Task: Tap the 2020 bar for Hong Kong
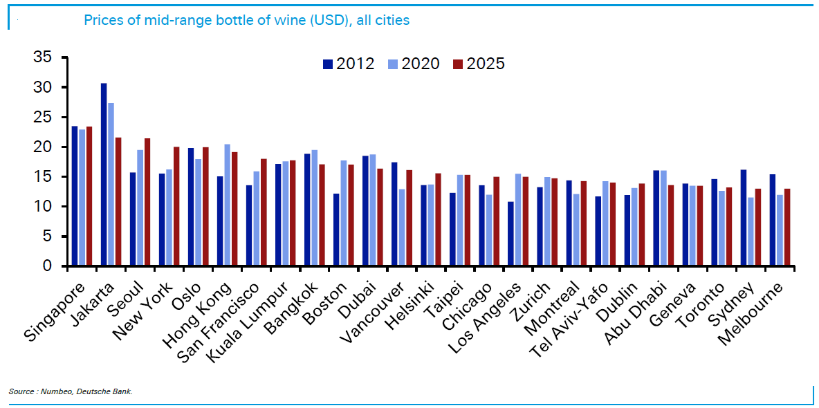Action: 228,205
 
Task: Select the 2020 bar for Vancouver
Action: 402,228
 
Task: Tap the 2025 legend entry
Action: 479,64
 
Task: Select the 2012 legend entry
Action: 349,64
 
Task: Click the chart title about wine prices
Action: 246,20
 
